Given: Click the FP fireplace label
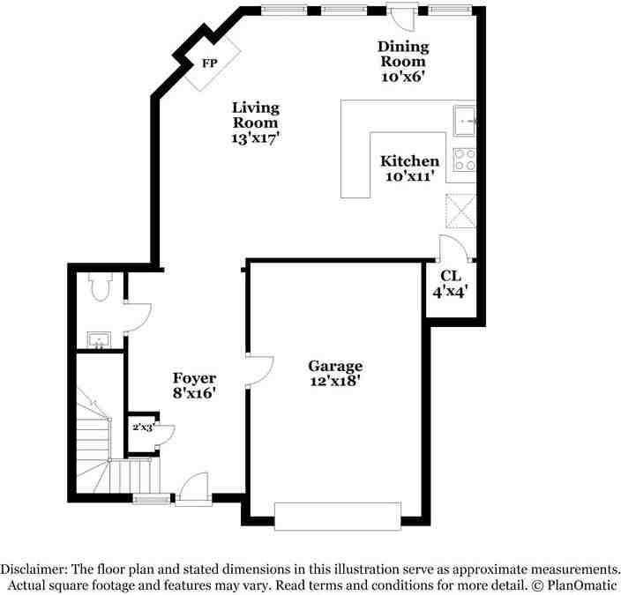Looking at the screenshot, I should coord(209,63).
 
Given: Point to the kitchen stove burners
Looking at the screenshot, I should coord(464,159).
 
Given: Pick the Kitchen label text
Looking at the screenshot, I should coord(409,161).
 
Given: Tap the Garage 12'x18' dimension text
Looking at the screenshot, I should coord(335,382).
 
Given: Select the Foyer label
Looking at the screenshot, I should coord(194,378).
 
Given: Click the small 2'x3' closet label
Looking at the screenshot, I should coord(143,428).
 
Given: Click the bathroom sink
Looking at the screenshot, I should coord(99,339).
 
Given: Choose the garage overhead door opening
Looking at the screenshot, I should coord(338,516).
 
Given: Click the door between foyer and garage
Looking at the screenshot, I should coord(260,370).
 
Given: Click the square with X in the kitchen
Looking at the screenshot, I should coord(460,212).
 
